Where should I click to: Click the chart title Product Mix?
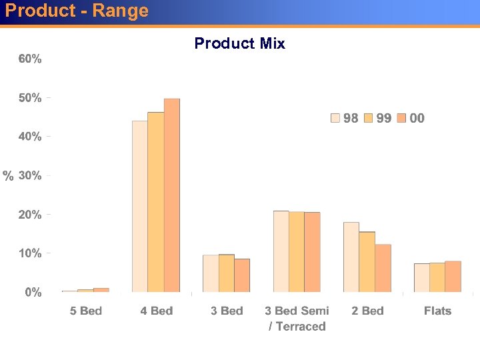(239, 44)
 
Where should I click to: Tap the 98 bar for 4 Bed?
(140, 207)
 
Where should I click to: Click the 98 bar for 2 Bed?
(351, 257)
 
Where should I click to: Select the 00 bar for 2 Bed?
(383, 268)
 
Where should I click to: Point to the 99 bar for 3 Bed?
(227, 273)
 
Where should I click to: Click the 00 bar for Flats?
(453, 277)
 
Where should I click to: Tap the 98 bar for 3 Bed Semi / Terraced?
(281, 251)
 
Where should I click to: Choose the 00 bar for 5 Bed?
(101, 290)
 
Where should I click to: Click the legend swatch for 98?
(335, 119)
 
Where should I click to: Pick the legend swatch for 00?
(401, 119)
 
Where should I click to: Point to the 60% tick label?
(30, 59)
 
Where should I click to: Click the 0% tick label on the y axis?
(33, 293)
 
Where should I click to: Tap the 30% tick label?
(30, 176)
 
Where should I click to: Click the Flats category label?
(437, 311)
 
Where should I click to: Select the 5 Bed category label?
(86, 311)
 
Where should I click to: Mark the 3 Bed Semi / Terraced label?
(297, 319)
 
